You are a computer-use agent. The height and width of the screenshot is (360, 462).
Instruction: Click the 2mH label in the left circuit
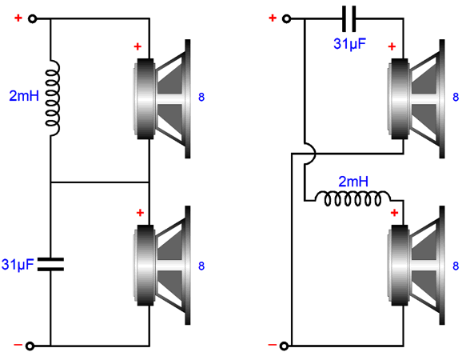click(24, 96)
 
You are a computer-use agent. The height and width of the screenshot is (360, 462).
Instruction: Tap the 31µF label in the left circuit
click(18, 265)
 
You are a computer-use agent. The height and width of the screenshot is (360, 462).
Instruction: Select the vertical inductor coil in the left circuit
click(53, 98)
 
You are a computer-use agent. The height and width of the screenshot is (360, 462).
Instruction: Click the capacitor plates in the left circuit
click(50, 264)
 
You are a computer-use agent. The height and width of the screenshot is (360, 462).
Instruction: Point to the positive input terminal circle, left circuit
click(32, 19)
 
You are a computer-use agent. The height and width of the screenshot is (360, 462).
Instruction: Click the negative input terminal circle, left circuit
click(30, 346)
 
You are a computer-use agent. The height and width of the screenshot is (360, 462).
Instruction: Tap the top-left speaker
click(161, 98)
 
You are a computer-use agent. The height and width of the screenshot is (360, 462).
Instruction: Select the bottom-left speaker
click(161, 266)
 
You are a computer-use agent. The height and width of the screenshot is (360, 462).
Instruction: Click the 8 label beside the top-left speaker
click(201, 97)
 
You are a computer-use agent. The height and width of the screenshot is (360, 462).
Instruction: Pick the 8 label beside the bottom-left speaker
click(201, 266)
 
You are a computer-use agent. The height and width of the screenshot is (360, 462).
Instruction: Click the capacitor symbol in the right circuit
click(348, 19)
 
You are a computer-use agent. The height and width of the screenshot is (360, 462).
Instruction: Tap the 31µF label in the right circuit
click(350, 44)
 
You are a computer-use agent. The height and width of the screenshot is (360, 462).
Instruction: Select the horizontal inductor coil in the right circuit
click(353, 198)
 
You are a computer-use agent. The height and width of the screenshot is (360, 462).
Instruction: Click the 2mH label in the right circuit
click(353, 182)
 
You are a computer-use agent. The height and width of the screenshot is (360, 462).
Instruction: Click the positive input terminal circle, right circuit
click(286, 19)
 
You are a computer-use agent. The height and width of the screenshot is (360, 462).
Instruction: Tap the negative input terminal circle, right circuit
click(284, 346)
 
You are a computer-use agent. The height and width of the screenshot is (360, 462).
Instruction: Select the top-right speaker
click(416, 98)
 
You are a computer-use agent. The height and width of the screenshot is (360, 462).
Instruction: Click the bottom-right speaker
click(416, 266)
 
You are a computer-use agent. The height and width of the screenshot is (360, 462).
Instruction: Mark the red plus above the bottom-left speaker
click(140, 213)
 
